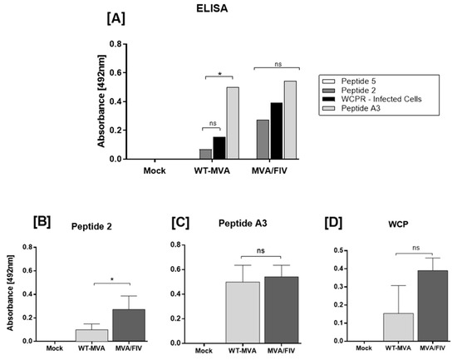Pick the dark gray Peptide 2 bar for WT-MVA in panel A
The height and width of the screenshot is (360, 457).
coord(205,154)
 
